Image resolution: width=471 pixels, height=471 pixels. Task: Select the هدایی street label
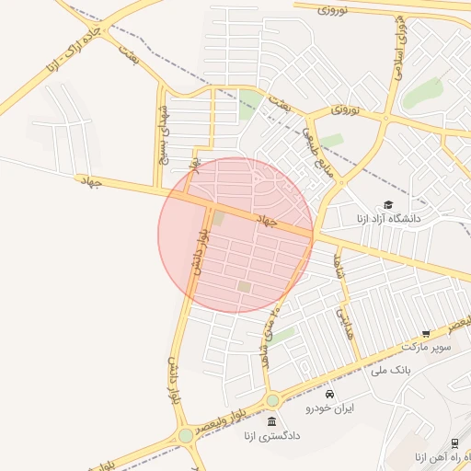pyautogui.click(x=344, y=324)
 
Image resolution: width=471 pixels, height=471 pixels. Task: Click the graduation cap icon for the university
pyautogui.click(x=387, y=204)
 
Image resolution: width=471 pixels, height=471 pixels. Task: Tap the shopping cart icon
pyautogui.click(x=426, y=333)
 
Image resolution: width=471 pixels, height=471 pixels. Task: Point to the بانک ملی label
pyautogui.click(x=390, y=370)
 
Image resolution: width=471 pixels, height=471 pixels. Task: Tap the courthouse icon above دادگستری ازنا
pyautogui.click(x=271, y=421)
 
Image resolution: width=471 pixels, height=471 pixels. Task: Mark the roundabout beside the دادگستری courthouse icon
pyautogui.click(x=272, y=400)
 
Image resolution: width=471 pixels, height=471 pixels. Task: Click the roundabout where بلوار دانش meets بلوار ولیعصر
pyautogui.click(x=186, y=434)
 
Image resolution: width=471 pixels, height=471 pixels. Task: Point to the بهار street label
pyautogui.click(x=194, y=164)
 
